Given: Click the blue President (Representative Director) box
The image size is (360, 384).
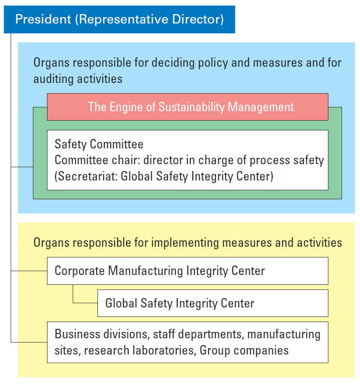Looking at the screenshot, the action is (119, 19).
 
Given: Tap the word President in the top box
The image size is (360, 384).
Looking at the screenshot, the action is (43, 19).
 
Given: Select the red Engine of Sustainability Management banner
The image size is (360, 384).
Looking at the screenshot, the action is (188, 107).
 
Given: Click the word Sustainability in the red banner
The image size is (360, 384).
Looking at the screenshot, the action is (191, 107).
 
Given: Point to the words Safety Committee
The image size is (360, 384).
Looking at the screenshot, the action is (99, 144).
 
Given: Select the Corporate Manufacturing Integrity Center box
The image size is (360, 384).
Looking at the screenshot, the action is (188, 271).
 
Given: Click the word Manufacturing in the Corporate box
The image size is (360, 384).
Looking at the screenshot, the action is (146, 271).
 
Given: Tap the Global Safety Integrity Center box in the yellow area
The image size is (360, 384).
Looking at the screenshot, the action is (213, 303).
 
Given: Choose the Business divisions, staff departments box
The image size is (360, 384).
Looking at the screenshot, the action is (188, 342).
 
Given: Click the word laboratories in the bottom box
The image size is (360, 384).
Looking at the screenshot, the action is (163, 351).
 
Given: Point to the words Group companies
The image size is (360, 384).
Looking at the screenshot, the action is (244, 351).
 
